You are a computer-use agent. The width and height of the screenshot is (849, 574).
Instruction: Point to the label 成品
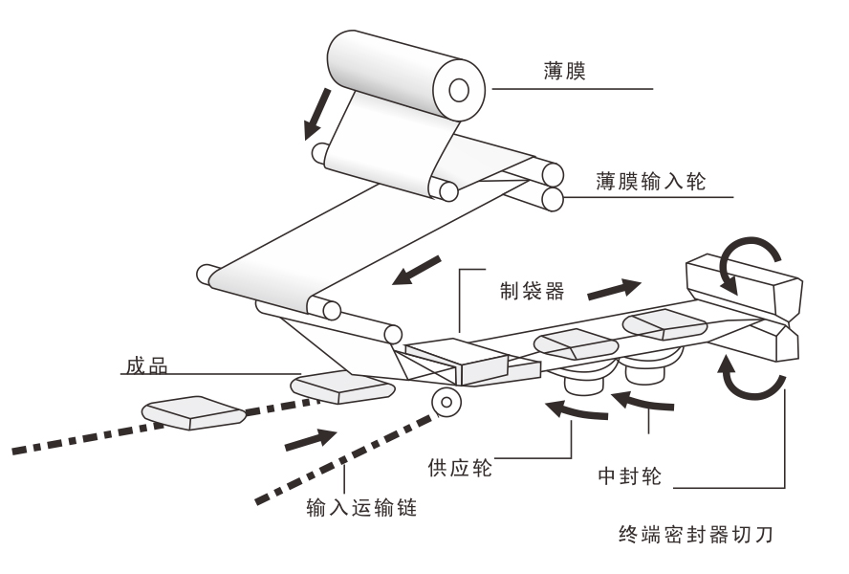(144, 365)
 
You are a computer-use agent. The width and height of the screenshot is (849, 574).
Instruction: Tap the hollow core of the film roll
(459, 91)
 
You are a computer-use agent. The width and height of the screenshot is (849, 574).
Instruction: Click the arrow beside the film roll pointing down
(315, 112)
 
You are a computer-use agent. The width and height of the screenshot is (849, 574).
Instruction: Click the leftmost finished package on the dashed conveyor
(194, 410)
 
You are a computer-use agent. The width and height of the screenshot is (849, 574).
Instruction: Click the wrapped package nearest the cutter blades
(666, 326)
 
